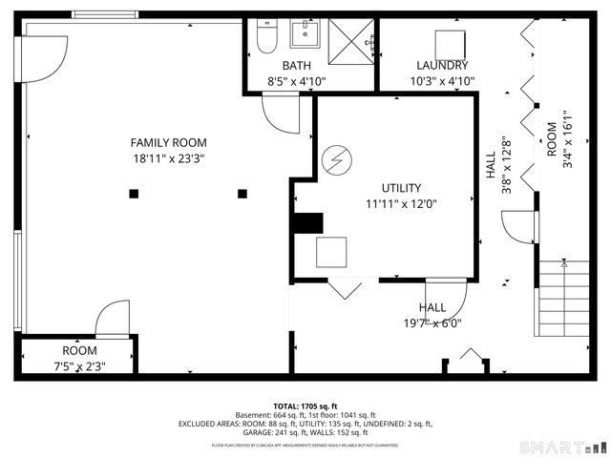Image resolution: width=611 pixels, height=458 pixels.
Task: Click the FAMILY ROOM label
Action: click(x=168, y=142)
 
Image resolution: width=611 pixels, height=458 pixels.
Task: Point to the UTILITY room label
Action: click(x=401, y=188)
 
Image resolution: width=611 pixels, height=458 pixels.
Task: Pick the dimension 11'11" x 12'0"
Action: click(x=401, y=203)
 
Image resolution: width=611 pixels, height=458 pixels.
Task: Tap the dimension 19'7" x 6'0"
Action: click(x=432, y=323)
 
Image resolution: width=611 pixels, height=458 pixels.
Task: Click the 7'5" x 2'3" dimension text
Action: click(x=79, y=365)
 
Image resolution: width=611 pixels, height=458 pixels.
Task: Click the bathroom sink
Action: click(x=305, y=34)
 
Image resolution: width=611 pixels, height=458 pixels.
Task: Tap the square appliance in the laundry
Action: click(x=450, y=44)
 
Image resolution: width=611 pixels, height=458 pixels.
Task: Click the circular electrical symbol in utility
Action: click(x=335, y=159)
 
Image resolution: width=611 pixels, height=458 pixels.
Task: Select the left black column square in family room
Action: click(x=134, y=194)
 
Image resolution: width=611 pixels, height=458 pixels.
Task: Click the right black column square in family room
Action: click(x=242, y=194)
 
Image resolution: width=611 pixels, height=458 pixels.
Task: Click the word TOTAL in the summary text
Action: click(x=289, y=406)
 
